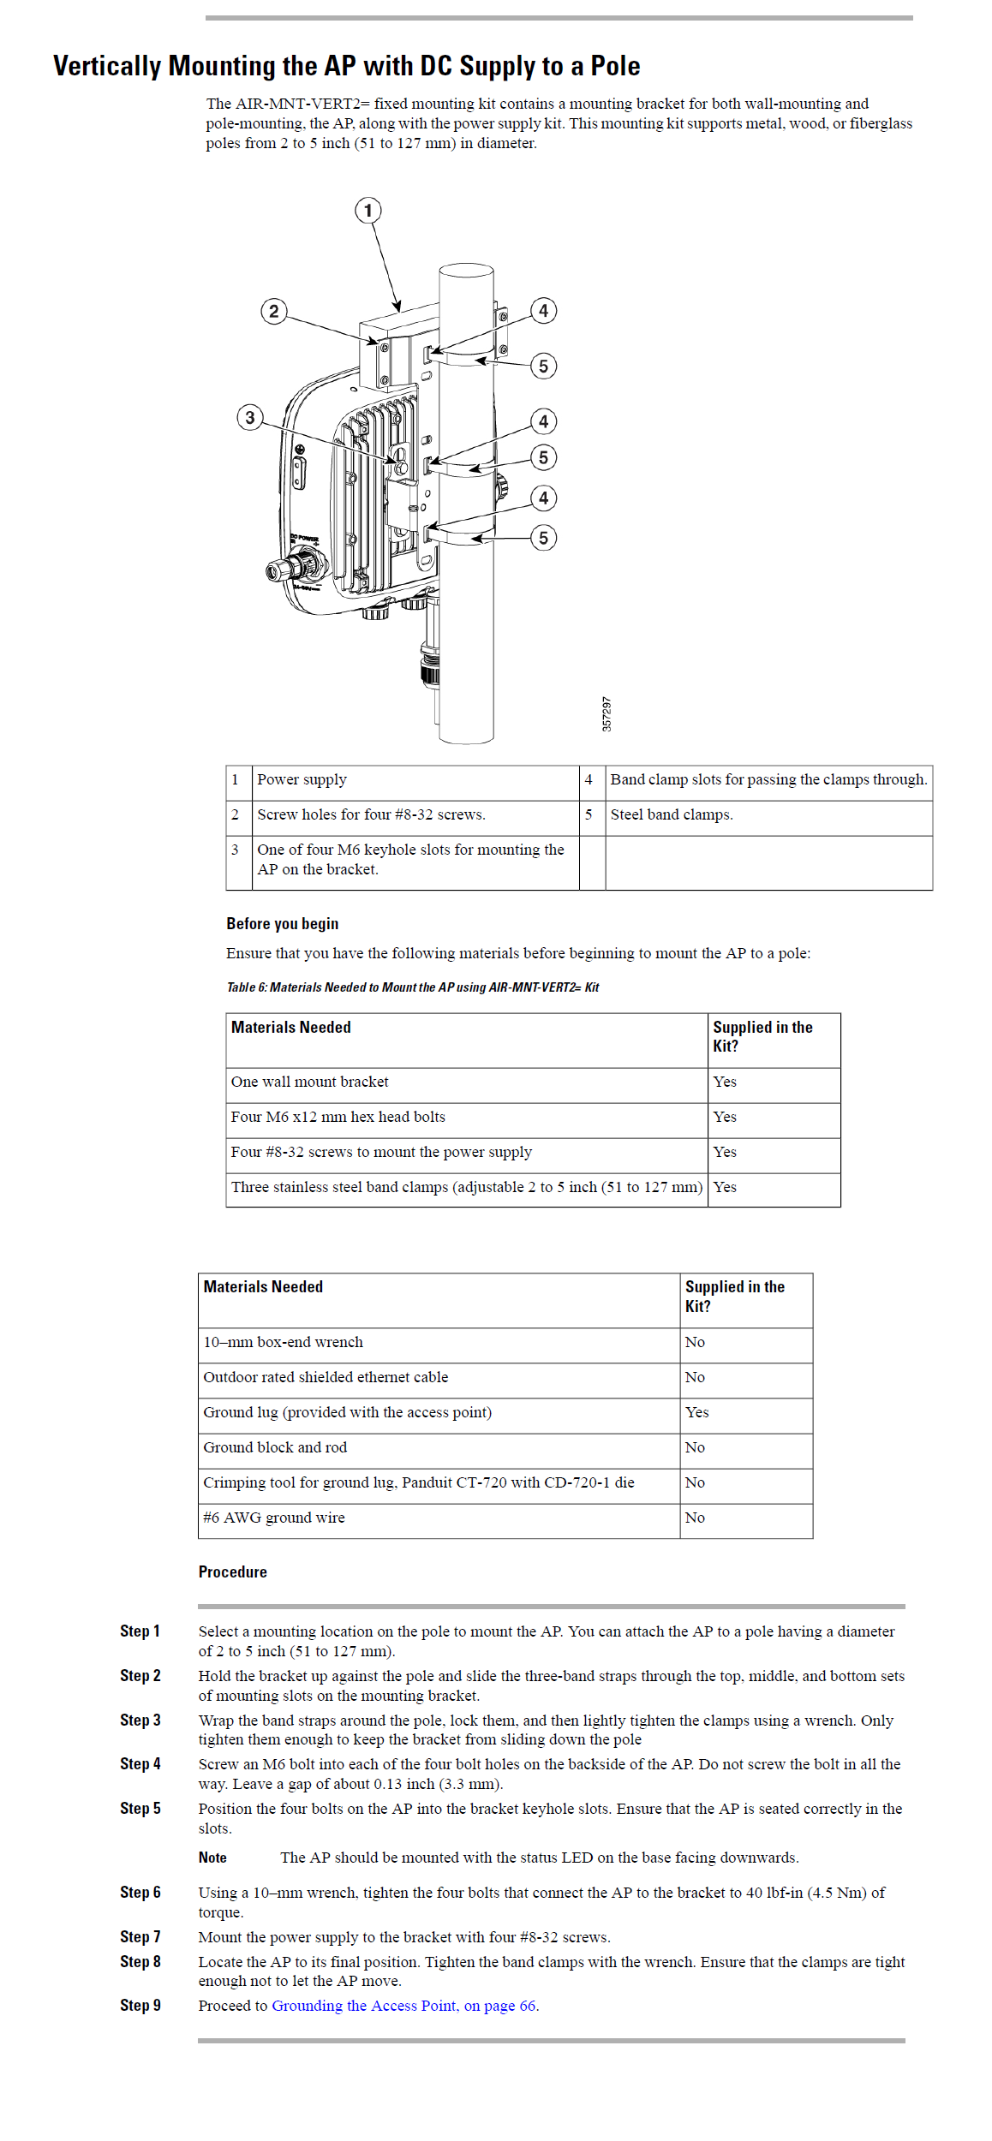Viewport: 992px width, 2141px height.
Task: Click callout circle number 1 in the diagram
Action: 368,211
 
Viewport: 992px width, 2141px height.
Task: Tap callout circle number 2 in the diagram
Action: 274,311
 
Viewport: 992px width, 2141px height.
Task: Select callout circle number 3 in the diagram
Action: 250,418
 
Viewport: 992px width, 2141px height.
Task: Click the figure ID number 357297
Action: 607,713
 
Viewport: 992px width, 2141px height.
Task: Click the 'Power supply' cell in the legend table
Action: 302,780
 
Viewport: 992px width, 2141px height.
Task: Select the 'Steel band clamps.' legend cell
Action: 672,815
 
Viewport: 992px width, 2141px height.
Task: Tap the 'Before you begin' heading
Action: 282,924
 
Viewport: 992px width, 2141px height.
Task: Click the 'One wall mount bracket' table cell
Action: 309,1082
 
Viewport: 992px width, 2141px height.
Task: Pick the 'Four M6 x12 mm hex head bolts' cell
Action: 338,1118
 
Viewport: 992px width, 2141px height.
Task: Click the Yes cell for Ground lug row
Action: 696,1413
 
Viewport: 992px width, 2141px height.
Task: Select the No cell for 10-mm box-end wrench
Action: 695,1343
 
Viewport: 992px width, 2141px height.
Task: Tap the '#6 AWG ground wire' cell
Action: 274,1518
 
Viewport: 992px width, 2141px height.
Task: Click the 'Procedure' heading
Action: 232,1572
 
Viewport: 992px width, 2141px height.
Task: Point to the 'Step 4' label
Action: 140,1764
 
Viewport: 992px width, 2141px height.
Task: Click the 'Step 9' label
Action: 140,2006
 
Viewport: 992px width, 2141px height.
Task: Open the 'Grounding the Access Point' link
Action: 404,2006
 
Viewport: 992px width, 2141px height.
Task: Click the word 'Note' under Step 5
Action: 212,1858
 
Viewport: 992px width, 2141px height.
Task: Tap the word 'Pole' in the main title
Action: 615,66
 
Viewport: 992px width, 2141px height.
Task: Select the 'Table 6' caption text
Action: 412,987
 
